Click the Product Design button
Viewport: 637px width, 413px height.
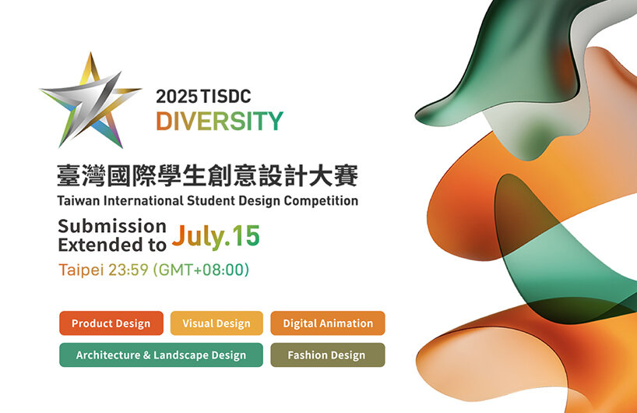(x=111, y=323)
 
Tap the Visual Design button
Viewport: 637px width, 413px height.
(x=216, y=323)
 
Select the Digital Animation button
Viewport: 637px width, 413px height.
(x=328, y=323)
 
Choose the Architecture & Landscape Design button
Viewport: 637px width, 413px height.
(x=161, y=355)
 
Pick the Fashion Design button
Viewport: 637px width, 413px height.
(x=328, y=355)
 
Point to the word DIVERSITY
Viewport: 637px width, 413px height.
(x=220, y=121)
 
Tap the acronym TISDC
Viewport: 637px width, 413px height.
(x=226, y=97)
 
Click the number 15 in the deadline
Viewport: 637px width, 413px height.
(x=246, y=236)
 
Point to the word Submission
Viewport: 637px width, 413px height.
(x=112, y=227)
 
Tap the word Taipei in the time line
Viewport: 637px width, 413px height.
(x=81, y=270)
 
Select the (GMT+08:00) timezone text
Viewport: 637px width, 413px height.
(x=201, y=270)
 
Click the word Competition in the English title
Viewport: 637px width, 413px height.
(x=321, y=201)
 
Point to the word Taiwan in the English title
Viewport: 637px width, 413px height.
(x=79, y=201)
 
